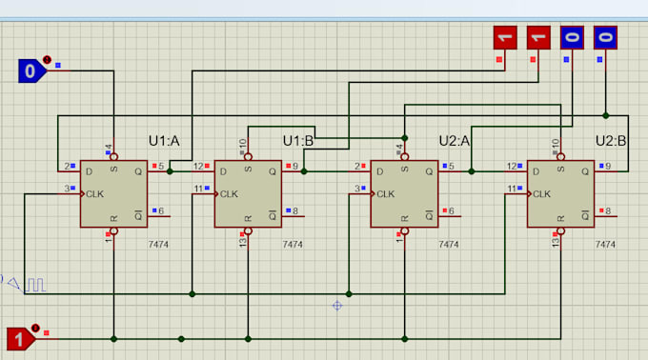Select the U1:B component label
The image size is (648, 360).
(x=298, y=141)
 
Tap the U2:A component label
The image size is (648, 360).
(x=455, y=141)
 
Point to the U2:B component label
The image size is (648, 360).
(x=611, y=141)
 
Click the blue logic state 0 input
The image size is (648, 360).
(x=31, y=70)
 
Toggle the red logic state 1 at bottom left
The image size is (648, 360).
(x=20, y=338)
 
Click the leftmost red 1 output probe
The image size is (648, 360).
(x=505, y=38)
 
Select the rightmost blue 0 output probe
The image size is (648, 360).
(x=605, y=38)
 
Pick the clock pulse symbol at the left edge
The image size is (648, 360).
(x=34, y=284)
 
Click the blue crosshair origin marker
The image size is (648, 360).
(x=336, y=306)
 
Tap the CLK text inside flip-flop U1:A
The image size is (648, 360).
(x=94, y=193)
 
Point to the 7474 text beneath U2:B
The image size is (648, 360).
(x=604, y=245)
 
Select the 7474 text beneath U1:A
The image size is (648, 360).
(x=158, y=245)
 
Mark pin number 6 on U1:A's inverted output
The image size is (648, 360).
(x=160, y=210)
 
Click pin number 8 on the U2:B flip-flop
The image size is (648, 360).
(x=608, y=210)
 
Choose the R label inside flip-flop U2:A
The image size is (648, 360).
(x=405, y=218)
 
